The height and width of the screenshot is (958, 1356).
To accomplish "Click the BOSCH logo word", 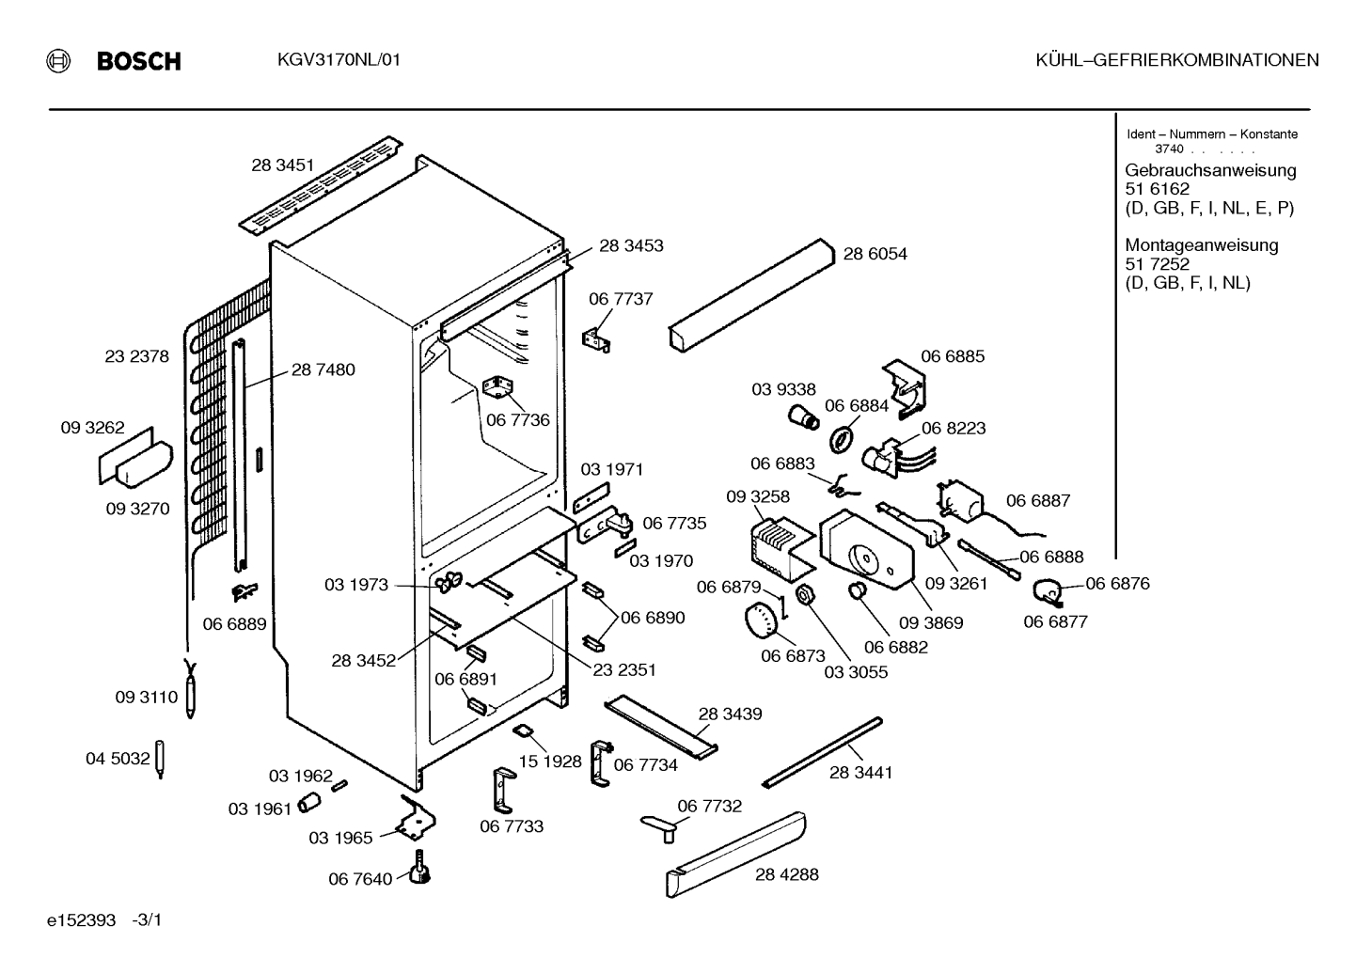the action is [x=138, y=61].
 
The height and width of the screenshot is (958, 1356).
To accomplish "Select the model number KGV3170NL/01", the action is [x=339, y=60].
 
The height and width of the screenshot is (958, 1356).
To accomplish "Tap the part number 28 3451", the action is [x=283, y=165].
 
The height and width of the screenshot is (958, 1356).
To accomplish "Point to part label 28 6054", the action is [x=875, y=254].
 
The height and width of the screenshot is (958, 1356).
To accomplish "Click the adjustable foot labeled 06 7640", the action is [x=420, y=869].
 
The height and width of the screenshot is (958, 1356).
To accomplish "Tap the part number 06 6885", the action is [x=953, y=356].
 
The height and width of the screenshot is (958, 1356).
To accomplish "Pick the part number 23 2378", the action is [x=136, y=356].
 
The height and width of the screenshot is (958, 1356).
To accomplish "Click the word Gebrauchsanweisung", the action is [x=1210, y=171].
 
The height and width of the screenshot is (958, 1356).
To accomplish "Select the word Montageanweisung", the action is [x=1202, y=245].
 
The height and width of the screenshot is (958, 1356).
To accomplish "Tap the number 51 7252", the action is [x=1157, y=264].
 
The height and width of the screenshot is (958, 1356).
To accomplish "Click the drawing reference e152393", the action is [x=81, y=920].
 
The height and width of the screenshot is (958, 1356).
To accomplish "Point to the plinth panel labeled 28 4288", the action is [x=736, y=855].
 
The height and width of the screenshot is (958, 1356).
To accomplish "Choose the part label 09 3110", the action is [x=147, y=698].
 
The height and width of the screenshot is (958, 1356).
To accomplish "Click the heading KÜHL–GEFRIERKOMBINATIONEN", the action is [x=1176, y=60].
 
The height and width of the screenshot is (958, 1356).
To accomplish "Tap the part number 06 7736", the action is [x=517, y=420].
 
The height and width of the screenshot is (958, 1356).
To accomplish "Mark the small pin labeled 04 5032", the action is [x=161, y=760].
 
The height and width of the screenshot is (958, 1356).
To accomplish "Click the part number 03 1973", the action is [x=356, y=585].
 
